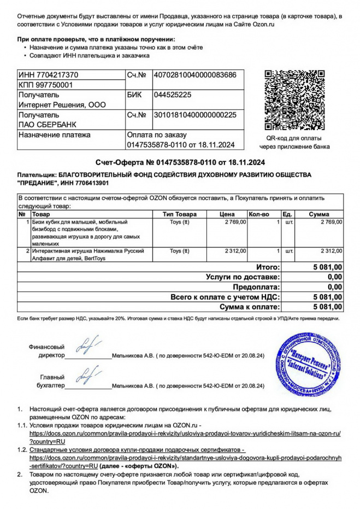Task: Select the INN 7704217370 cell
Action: point(48,74)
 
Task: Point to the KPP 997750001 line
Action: point(45,85)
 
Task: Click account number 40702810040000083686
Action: point(195,74)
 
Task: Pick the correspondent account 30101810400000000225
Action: point(195,115)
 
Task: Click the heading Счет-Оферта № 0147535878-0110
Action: point(180,162)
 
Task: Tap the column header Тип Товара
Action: point(179,214)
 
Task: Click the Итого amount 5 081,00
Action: point(327,267)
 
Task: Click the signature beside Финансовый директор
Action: point(87,347)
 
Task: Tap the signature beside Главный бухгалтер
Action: point(87,377)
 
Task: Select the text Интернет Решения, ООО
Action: point(62,104)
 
